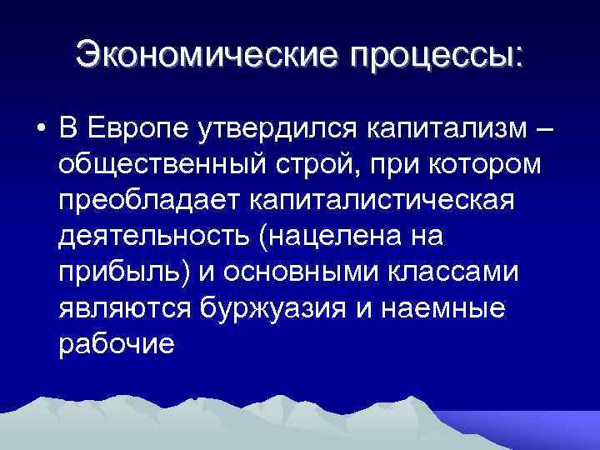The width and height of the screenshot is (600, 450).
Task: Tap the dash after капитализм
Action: coord(544,131)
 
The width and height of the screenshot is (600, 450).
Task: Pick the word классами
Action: coord(471,272)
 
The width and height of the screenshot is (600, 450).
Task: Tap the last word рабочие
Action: coord(117,342)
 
